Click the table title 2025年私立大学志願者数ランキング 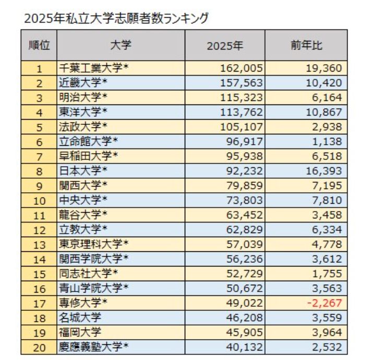pos(116,18)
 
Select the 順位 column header pos(39,45)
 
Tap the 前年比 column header pos(306,45)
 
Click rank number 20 pos(39,346)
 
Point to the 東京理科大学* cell pos(94,243)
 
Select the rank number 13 pos(39,243)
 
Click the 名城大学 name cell pos(80,317)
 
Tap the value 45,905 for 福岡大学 pos(245,331)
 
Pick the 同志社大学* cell pos(89,273)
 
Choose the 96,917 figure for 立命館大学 pos(245,141)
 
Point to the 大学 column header pos(121,45)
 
